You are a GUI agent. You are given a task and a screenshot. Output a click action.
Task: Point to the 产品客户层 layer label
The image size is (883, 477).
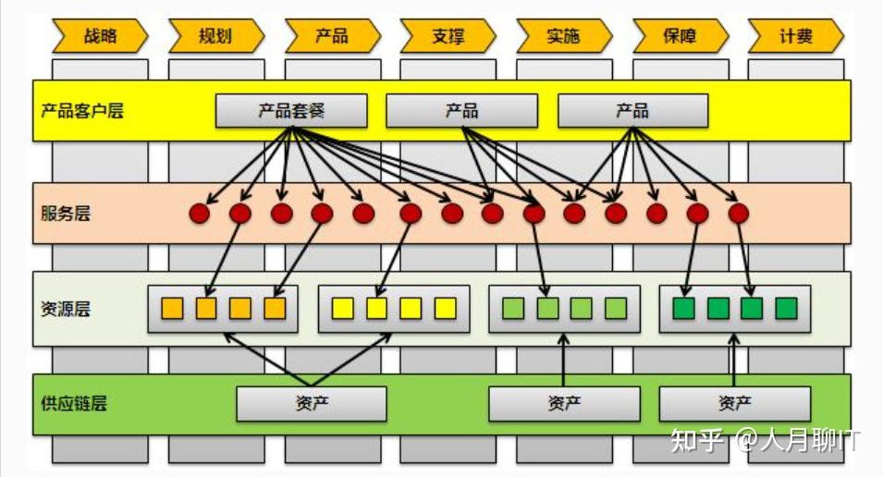click(82, 111)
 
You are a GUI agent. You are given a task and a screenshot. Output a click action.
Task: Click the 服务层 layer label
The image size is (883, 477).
click(66, 214)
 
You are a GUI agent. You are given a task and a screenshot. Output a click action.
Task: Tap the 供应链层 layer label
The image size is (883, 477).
click(74, 403)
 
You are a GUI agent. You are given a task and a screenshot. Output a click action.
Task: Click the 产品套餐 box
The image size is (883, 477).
click(291, 111)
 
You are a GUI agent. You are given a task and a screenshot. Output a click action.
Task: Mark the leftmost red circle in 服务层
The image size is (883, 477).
click(200, 214)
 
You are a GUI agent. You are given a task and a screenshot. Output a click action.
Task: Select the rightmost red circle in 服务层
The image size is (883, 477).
click(738, 214)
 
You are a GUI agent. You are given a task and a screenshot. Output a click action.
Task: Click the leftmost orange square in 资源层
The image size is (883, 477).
click(172, 309)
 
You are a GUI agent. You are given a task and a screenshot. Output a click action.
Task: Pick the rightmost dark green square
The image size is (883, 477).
click(786, 309)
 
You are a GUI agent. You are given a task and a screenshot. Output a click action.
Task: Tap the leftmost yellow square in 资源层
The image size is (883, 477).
click(342, 309)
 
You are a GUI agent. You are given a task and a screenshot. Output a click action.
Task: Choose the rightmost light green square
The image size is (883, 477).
click(616, 309)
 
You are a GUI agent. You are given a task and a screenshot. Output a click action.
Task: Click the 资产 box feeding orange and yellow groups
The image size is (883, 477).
click(312, 404)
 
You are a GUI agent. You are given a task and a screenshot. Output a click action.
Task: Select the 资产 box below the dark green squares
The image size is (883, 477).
click(734, 404)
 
